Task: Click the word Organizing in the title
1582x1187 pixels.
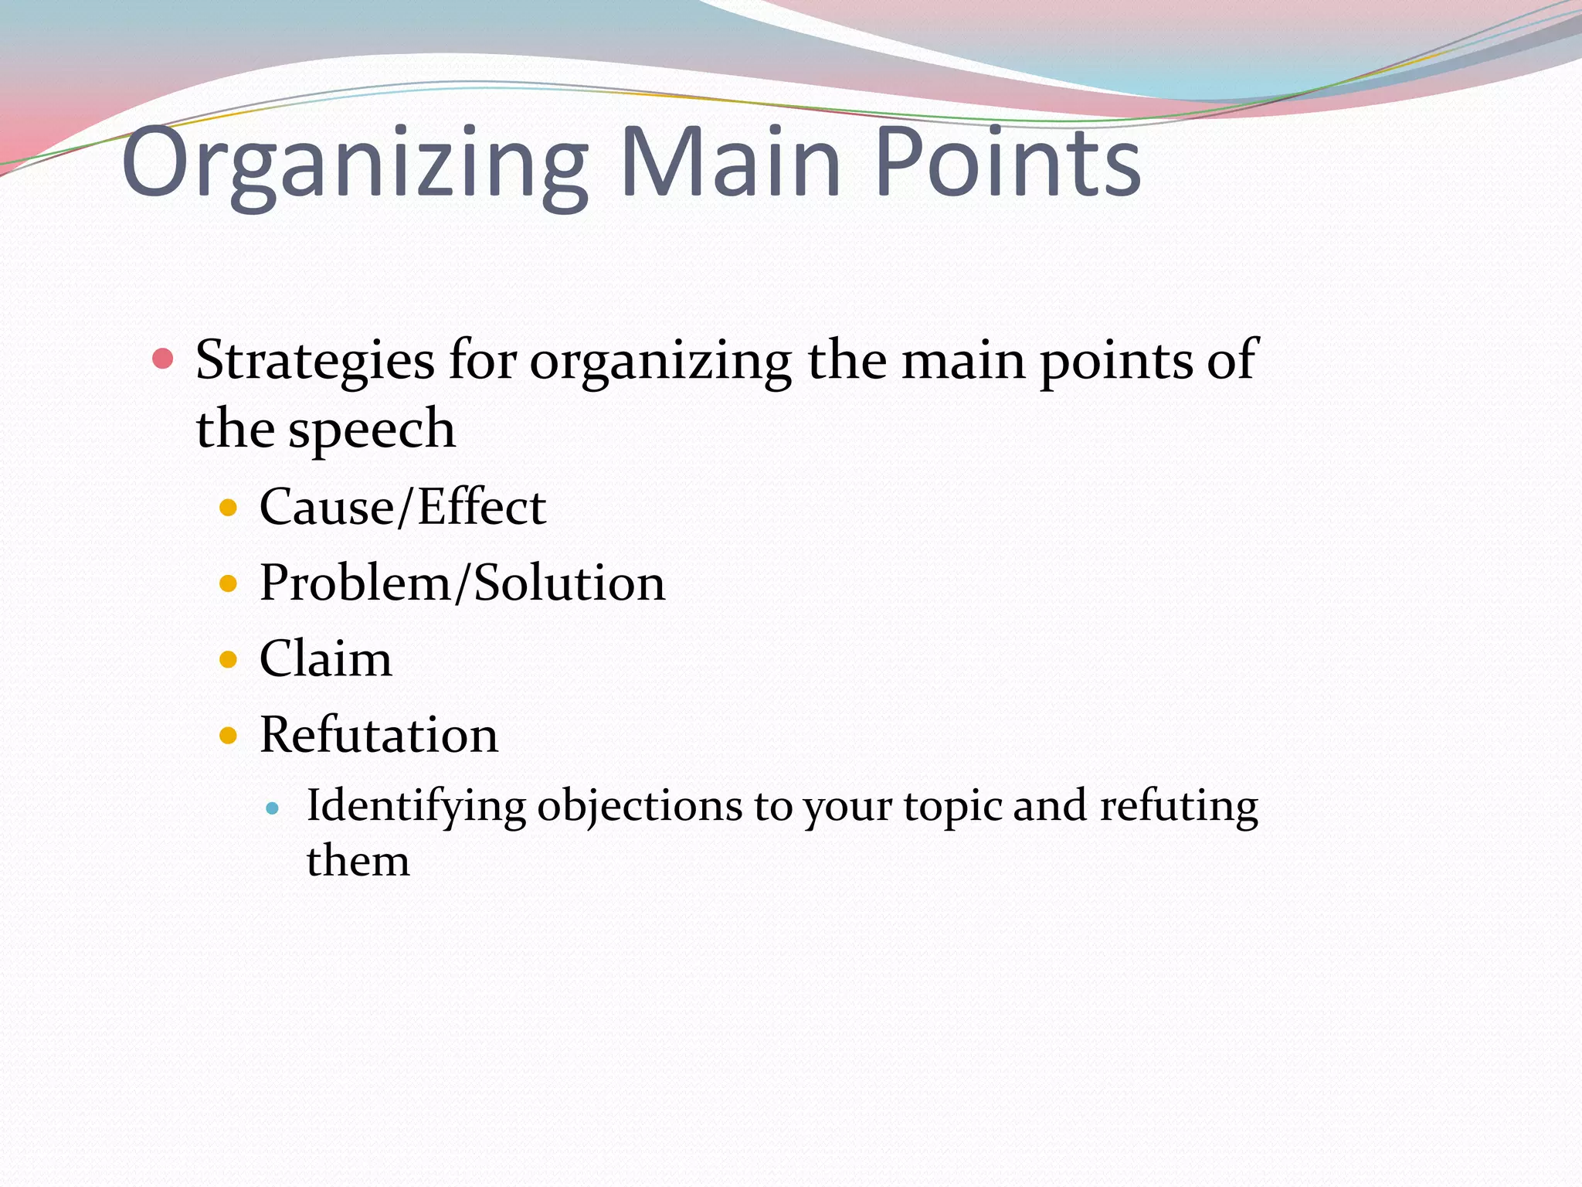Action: pos(355,165)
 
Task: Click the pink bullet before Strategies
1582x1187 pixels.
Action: pos(162,359)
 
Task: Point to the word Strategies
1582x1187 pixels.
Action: pos(314,362)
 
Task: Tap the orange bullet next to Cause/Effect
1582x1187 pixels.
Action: pos(228,508)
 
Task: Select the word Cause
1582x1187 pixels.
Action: pos(326,508)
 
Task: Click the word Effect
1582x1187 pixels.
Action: pos(482,508)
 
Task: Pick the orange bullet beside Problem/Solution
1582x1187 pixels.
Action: pos(228,583)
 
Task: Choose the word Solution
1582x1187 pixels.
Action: pos(569,583)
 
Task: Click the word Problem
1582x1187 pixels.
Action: pos(355,583)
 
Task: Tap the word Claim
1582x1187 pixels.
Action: pos(325,659)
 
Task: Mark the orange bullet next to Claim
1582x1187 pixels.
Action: pos(228,659)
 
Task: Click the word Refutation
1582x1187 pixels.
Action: pos(379,735)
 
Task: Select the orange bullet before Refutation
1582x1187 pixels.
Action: pos(228,735)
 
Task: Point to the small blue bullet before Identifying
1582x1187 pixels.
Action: pos(271,809)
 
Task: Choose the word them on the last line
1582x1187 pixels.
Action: pos(358,861)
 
